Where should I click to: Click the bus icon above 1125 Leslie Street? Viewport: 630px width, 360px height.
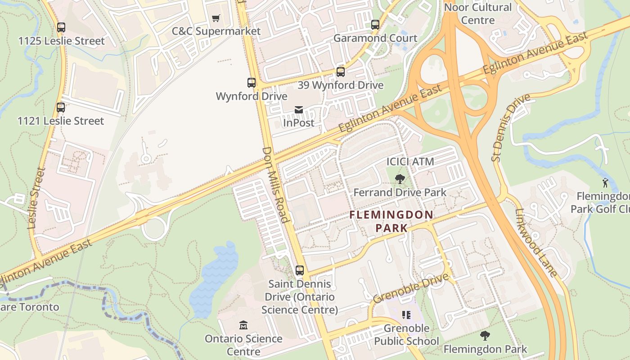tap(61, 27)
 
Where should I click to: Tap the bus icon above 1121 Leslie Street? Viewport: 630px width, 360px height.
tap(61, 108)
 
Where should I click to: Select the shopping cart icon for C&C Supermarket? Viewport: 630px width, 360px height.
tap(216, 18)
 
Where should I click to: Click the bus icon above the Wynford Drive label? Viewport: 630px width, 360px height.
tap(252, 83)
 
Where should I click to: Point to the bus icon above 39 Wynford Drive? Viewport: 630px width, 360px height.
tap(341, 72)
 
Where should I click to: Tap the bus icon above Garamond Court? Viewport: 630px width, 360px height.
tap(375, 25)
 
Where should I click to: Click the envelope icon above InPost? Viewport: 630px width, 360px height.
tap(298, 109)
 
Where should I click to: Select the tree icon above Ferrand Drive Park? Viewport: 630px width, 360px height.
tap(400, 179)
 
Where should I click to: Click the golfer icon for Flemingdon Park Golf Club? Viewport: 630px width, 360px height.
tap(606, 183)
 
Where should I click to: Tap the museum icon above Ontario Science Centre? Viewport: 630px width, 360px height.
tap(243, 325)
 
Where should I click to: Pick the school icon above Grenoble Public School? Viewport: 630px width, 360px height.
tap(406, 315)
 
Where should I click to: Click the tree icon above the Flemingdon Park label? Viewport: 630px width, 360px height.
tap(485, 335)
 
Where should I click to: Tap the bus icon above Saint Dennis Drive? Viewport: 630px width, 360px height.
tap(300, 270)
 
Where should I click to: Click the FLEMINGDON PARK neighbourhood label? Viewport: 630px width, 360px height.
tap(391, 221)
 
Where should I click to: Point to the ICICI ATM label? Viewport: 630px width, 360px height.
tap(410, 162)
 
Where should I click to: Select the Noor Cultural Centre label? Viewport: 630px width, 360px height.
tap(477, 13)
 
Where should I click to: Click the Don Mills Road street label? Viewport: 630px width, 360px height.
tap(275, 184)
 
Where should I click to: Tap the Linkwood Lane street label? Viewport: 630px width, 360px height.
tap(536, 243)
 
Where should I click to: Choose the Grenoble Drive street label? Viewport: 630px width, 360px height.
tap(411, 288)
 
